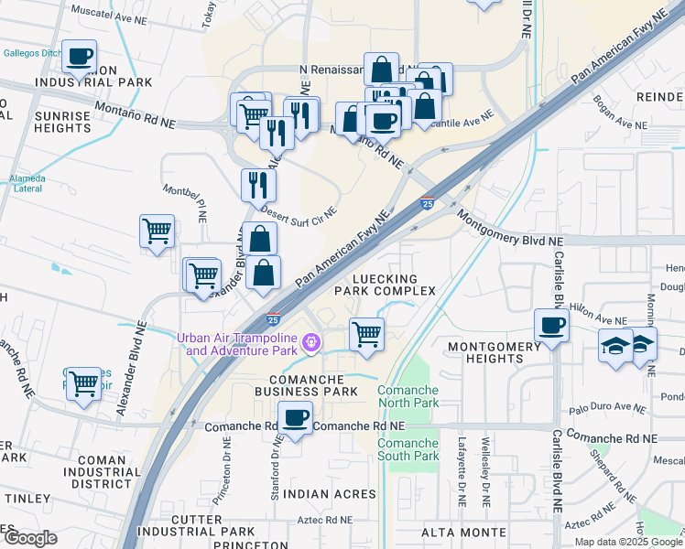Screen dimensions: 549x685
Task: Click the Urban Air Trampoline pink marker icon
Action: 312,343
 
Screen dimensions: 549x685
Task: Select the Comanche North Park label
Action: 408,396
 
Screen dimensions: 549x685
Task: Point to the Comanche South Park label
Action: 408,449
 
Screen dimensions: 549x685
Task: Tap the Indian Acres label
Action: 319,494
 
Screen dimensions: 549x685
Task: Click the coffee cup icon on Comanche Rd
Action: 295,417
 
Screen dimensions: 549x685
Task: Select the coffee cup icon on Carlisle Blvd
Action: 551,325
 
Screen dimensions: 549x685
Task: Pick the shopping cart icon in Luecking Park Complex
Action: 366,334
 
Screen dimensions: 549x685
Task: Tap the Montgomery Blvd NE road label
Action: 509,230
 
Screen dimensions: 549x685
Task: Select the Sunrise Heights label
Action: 62,123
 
